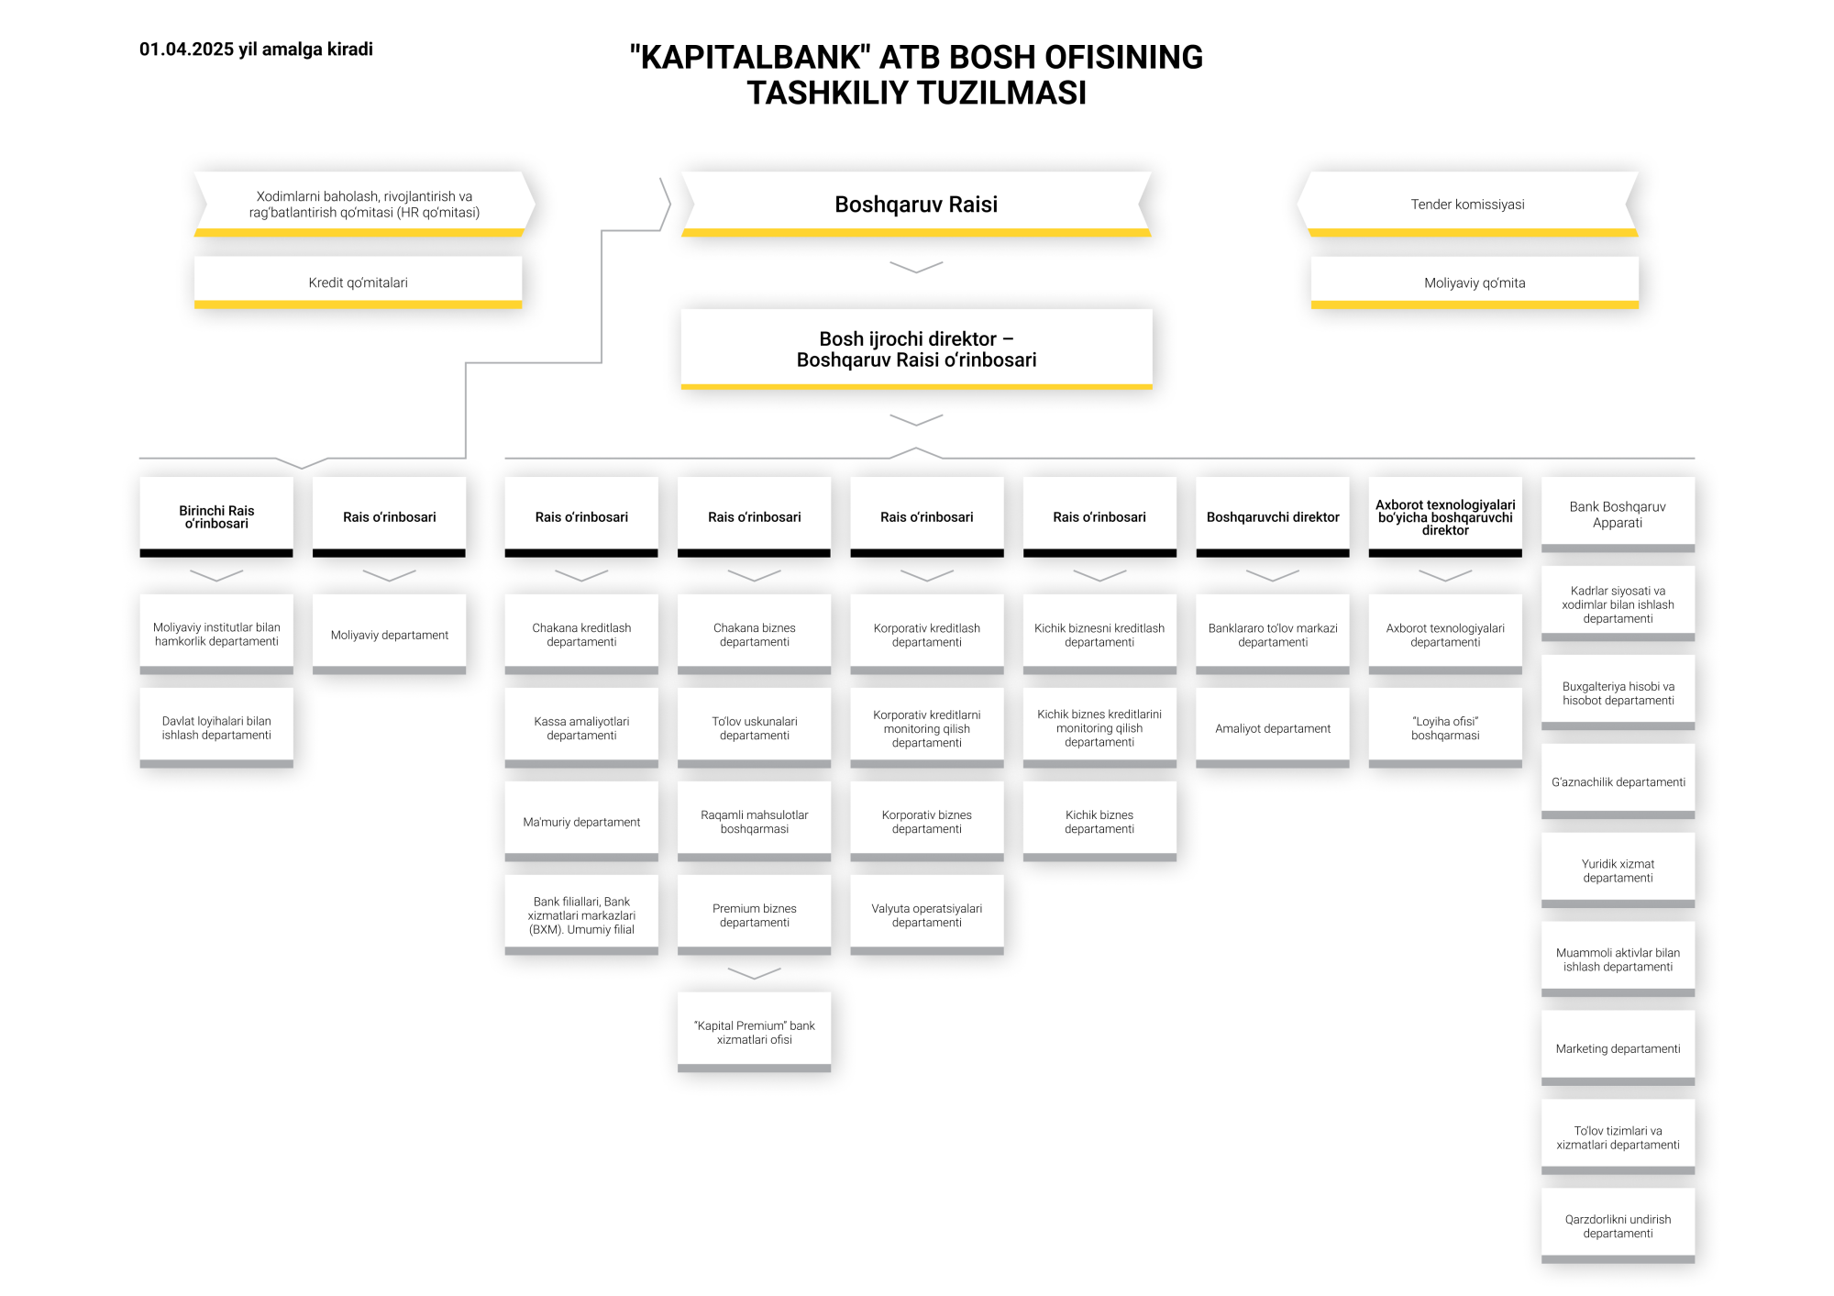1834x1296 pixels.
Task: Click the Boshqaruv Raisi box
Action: [x=916, y=205]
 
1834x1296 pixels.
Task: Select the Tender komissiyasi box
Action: [x=1467, y=205]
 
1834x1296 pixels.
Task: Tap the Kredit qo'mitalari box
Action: [x=358, y=282]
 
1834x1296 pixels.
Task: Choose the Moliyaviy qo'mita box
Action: [x=1475, y=282]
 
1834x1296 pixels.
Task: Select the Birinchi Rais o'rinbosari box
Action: [x=216, y=517]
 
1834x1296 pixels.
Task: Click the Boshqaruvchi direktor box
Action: [x=1273, y=517]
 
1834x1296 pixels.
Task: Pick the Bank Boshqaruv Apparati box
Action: [x=1618, y=515]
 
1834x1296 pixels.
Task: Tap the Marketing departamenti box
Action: [x=1618, y=1048]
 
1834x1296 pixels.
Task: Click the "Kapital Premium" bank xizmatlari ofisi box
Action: [x=754, y=1033]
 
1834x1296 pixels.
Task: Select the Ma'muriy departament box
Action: [x=581, y=822]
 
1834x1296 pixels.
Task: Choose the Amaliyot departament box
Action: [x=1273, y=728]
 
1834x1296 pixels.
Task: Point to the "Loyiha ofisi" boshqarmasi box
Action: [x=1445, y=728]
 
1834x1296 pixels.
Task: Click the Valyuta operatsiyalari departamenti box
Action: [x=927, y=915]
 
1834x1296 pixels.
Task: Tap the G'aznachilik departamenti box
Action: [x=1618, y=781]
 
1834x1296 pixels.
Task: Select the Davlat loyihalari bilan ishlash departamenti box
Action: [x=216, y=728]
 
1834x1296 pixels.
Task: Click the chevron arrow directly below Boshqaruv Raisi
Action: [x=916, y=267]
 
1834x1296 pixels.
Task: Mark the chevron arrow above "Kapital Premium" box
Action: [x=754, y=973]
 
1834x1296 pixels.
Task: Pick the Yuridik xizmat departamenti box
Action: [x=1618, y=870]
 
